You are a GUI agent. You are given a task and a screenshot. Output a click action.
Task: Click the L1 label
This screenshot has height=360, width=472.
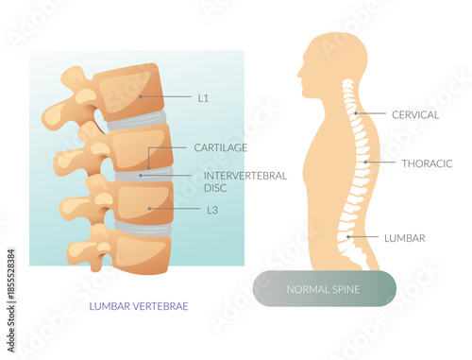[204, 96]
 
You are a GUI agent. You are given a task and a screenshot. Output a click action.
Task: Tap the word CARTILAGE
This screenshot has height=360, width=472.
[220, 148]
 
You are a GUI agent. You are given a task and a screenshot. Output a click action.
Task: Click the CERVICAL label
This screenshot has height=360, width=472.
[415, 114]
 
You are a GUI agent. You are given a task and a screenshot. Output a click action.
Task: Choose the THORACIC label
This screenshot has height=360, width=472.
[427, 163]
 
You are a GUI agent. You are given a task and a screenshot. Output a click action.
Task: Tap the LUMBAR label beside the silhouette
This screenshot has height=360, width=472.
[404, 237]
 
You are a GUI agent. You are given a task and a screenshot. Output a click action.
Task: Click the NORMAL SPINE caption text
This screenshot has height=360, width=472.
[324, 288]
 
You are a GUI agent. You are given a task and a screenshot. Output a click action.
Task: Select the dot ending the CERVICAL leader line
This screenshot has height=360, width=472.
[356, 114]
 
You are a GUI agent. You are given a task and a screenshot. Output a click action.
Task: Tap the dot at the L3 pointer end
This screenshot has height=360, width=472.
[150, 209]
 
